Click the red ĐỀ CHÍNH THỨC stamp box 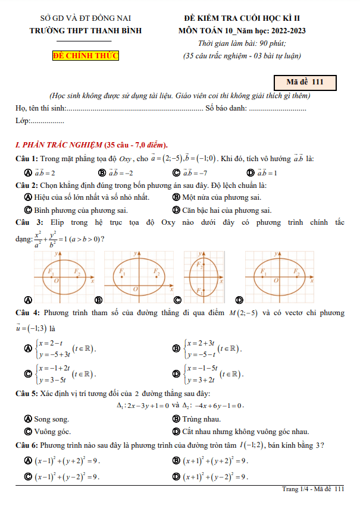click(86, 56)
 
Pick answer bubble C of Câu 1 click(176, 173)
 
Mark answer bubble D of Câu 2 click(176, 210)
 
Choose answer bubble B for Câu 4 click(176, 348)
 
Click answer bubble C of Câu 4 click(27, 374)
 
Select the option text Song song click(52, 419)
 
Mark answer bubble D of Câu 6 click(176, 476)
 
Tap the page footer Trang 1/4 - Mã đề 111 click(313, 489)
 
